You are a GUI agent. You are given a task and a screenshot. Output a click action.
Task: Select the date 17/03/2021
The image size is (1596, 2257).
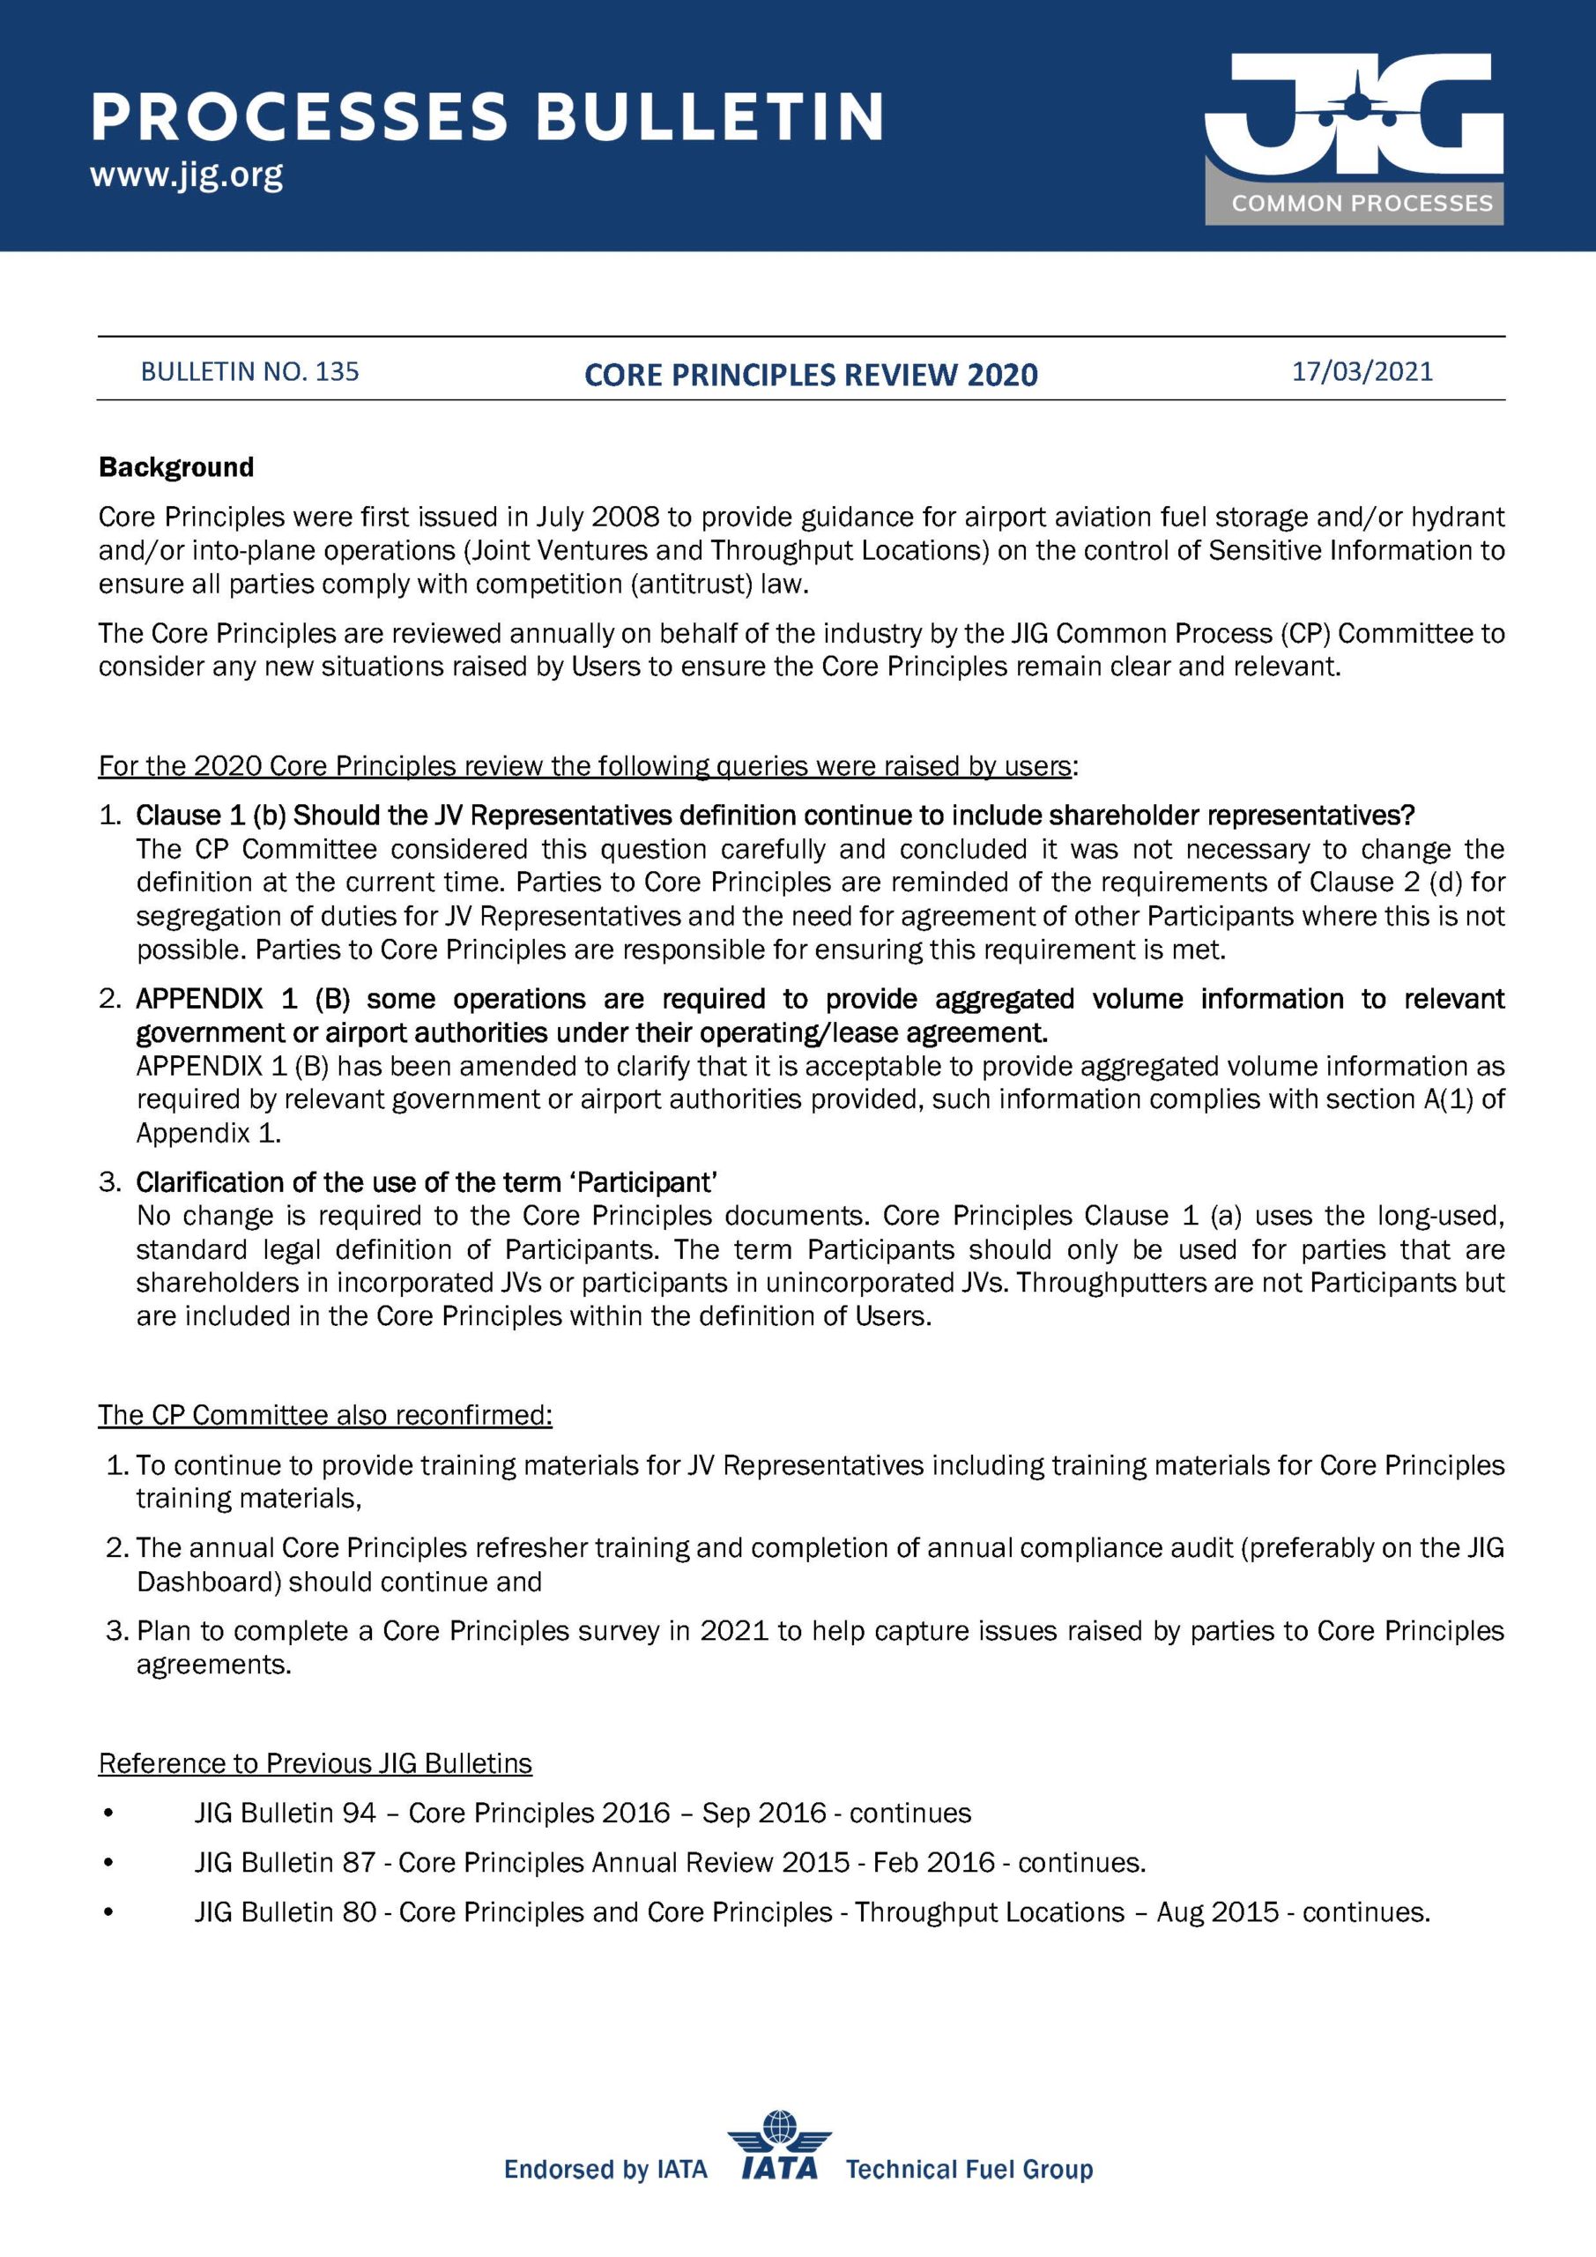[x=1362, y=371]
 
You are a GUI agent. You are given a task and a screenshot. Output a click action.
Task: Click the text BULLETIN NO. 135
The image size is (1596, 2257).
[x=249, y=371]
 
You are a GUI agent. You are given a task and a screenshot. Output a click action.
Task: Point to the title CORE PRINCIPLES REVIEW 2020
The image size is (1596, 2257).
[x=811, y=375]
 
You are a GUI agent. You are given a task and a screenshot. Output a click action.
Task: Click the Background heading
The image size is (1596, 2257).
[x=176, y=467]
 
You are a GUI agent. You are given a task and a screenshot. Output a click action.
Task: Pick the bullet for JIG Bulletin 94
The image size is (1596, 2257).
[x=108, y=1813]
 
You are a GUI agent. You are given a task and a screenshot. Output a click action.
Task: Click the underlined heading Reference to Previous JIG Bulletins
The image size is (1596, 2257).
[x=315, y=1763]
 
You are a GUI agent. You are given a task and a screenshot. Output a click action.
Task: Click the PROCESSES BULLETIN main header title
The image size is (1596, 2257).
[x=487, y=117]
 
